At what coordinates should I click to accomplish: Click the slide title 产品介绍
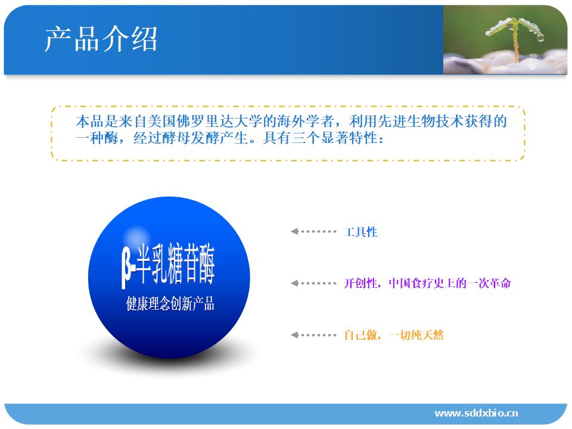101,39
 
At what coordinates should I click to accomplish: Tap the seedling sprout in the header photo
515,36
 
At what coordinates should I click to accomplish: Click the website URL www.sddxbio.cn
476,413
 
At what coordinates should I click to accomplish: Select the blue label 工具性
360,232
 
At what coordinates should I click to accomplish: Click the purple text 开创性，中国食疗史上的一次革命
427,283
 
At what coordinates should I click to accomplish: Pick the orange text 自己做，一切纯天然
394,335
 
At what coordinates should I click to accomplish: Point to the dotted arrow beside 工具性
313,231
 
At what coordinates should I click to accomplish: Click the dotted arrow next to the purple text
313,283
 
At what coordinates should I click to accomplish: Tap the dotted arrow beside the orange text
313,335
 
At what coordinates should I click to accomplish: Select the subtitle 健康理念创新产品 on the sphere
170,303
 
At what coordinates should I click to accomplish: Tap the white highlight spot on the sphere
136,234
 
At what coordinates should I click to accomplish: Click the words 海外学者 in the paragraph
305,121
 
